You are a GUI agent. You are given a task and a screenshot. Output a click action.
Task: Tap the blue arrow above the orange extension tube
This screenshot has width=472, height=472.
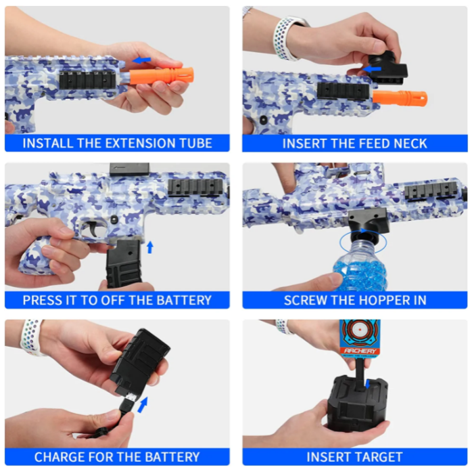point(141,60)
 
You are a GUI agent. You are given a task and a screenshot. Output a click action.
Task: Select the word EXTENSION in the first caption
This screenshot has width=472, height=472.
point(140,143)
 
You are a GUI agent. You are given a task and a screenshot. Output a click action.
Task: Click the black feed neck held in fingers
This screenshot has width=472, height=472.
point(387,68)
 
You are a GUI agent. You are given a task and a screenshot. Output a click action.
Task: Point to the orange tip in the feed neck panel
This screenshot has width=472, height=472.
point(400,98)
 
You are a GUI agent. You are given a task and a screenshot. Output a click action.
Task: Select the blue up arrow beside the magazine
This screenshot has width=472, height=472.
point(150,247)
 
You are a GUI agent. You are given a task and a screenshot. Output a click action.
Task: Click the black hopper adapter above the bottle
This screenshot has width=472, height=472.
point(369,221)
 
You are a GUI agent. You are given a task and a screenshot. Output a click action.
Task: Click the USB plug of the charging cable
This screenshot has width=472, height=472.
point(126,403)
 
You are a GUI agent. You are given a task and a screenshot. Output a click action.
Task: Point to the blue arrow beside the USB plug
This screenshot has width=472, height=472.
point(143,404)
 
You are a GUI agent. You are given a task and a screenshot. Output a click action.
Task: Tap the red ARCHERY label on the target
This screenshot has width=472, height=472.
point(360,351)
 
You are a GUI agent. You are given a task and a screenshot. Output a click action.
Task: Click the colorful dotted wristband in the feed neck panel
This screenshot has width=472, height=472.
point(285,39)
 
